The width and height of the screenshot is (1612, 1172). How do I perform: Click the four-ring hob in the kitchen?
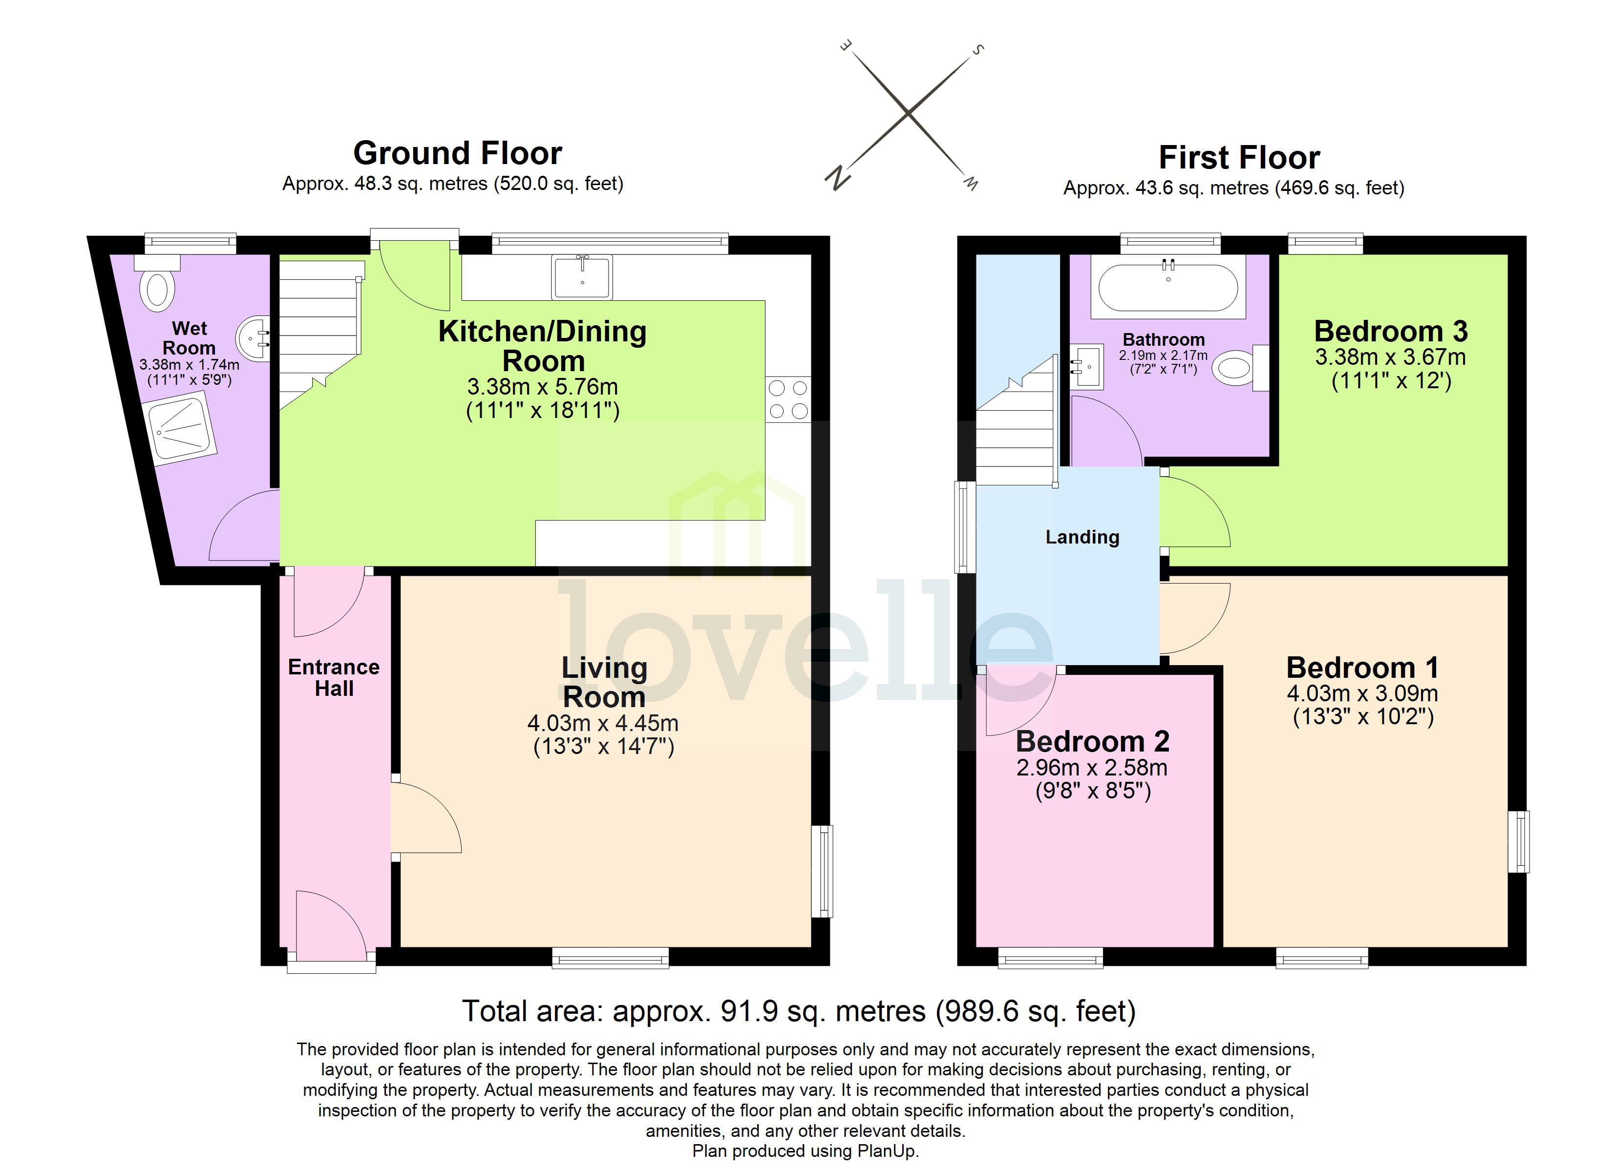(787, 399)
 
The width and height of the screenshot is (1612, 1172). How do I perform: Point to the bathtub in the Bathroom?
(1168, 288)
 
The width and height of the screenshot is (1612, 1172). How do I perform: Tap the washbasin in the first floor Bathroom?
(1087, 367)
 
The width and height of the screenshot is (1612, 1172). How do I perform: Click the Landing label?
(1082, 537)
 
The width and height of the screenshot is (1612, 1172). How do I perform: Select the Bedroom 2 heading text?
(1092, 742)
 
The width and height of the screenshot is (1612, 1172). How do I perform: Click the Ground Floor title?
(457, 153)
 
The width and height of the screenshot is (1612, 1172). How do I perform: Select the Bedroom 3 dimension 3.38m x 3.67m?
(1390, 357)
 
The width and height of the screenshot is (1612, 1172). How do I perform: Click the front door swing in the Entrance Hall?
(328, 923)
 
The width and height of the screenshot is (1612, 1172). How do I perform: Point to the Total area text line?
(799, 1011)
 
